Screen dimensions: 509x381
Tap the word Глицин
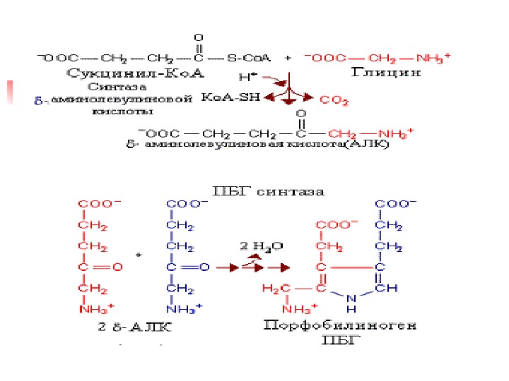385,72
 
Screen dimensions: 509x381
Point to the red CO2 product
334,101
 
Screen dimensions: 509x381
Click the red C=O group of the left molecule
100,267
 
